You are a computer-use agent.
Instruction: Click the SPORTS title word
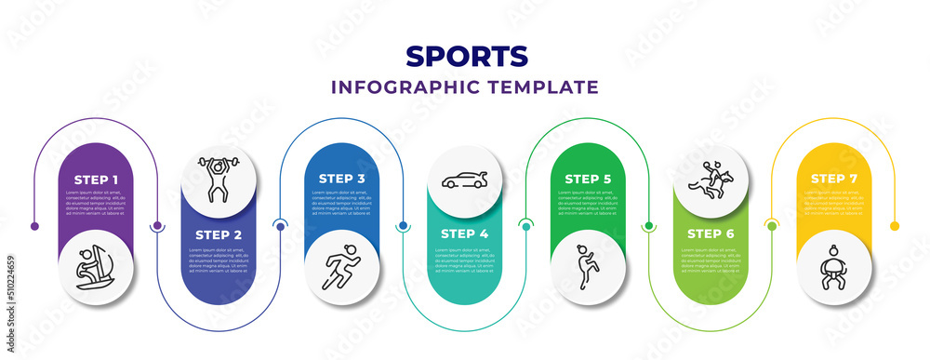[x=467, y=56]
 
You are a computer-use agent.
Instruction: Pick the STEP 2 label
[x=218, y=233]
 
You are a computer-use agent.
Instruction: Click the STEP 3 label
[x=341, y=178]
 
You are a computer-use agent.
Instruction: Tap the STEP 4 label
[x=464, y=233]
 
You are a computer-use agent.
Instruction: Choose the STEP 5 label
[x=588, y=178]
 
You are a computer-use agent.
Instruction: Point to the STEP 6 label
[x=711, y=233]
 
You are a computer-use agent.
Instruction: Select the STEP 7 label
[x=834, y=178]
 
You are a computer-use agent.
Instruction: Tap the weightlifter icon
[x=219, y=180]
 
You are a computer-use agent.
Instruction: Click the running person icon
[x=341, y=268]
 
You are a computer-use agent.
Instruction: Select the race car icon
[x=465, y=180]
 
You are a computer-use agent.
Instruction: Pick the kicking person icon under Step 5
[x=587, y=268]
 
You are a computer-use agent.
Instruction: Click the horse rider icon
[x=711, y=178]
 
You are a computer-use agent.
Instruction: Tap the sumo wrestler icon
[x=834, y=268]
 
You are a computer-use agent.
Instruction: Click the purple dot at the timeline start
[x=34, y=226]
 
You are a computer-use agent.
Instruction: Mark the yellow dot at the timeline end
[x=895, y=226]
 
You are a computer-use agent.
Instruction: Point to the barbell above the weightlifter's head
[x=219, y=162]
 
